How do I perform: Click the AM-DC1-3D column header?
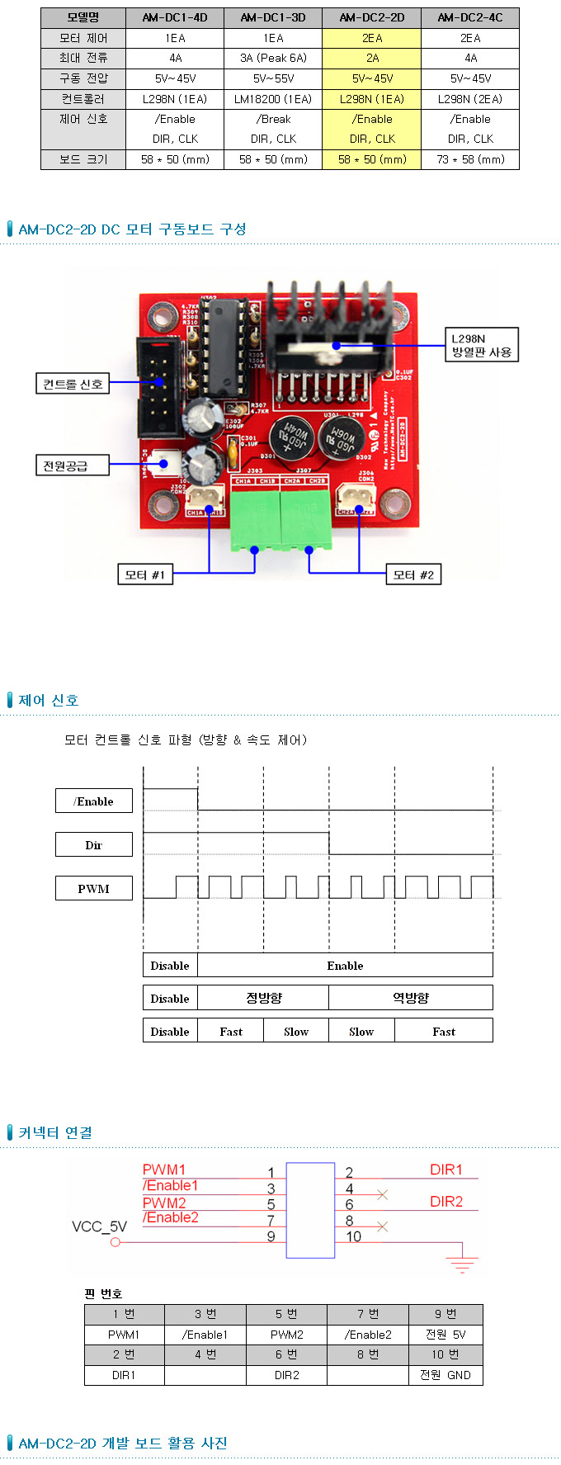pyautogui.click(x=273, y=17)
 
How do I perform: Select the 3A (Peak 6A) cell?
pyautogui.click(x=273, y=58)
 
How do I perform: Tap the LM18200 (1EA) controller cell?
pyautogui.click(x=273, y=99)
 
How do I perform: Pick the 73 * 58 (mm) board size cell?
pyautogui.click(x=470, y=159)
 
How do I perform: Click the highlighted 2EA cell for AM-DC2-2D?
pyautogui.click(x=372, y=38)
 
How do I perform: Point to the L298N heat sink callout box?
pyautogui.click(x=481, y=345)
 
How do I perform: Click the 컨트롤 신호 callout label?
pyautogui.click(x=73, y=384)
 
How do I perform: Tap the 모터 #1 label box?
pyautogui.click(x=145, y=574)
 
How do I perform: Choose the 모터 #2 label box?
pyautogui.click(x=413, y=574)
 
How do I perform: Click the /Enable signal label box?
pyautogui.click(x=94, y=801)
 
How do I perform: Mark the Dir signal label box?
pyautogui.click(x=94, y=844)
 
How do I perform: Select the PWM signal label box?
pyautogui.click(x=94, y=888)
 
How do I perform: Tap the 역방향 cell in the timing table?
pyautogui.click(x=411, y=998)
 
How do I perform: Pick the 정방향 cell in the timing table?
pyautogui.click(x=263, y=998)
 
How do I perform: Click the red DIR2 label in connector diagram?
pyautogui.click(x=446, y=1202)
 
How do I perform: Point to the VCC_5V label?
pyautogui.click(x=99, y=1226)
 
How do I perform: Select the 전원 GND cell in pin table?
pyautogui.click(x=445, y=1375)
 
